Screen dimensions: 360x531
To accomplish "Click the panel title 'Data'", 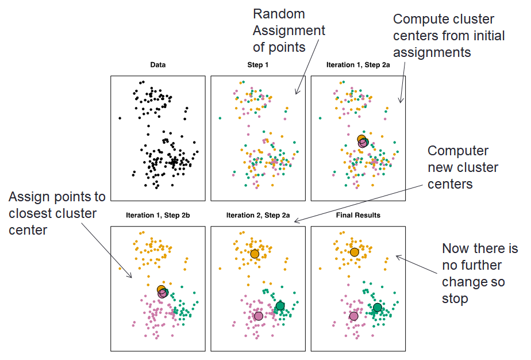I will point(157,65).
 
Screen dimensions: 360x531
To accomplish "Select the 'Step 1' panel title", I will point(257,65).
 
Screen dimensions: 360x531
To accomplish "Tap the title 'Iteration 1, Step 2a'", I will point(358,65).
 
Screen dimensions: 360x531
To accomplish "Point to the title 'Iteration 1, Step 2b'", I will point(157,216).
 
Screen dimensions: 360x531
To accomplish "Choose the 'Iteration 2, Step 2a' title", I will point(257,216).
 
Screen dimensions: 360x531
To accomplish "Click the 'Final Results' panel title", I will point(358,216).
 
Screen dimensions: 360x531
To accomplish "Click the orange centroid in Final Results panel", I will point(354,252).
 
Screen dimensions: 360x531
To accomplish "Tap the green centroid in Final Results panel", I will point(377,308).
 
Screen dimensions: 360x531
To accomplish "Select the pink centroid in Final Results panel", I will point(353,316).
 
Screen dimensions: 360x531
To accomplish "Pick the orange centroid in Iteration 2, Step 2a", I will point(255,254).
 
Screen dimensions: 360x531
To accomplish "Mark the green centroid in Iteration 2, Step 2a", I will point(280,306).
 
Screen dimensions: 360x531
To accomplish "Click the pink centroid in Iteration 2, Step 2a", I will point(258,316).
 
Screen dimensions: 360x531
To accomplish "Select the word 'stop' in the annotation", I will point(455,299).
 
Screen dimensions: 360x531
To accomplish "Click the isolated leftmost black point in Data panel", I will point(120,118).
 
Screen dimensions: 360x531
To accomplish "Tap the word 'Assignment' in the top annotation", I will point(289,30).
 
